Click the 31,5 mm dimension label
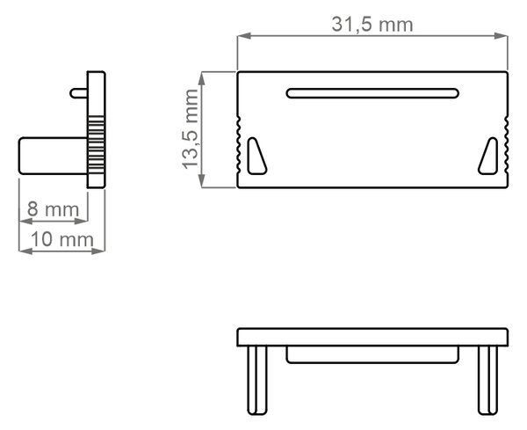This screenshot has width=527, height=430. [372, 25]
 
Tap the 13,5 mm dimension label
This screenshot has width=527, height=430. [191, 129]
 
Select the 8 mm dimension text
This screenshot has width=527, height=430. [53, 209]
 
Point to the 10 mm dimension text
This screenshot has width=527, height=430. [62, 239]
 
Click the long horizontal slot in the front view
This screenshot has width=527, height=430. [372, 93]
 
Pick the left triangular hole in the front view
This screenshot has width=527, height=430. [256, 157]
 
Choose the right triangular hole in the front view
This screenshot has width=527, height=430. [488, 157]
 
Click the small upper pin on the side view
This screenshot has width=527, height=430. [79, 93]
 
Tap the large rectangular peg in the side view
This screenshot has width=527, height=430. [53, 156]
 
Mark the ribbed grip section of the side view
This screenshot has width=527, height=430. [96, 145]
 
